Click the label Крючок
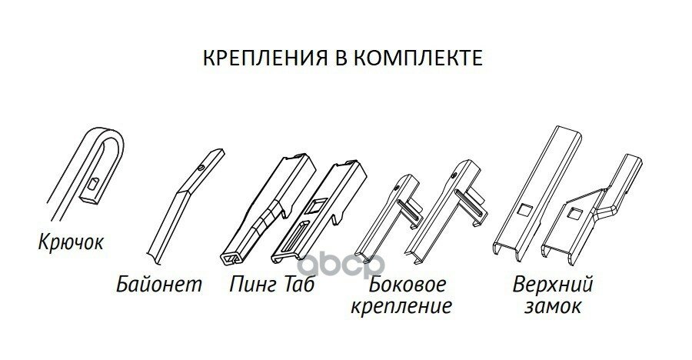click(x=70, y=244)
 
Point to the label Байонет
click(x=161, y=285)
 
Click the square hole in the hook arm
click(x=92, y=184)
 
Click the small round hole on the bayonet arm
click(x=201, y=167)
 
